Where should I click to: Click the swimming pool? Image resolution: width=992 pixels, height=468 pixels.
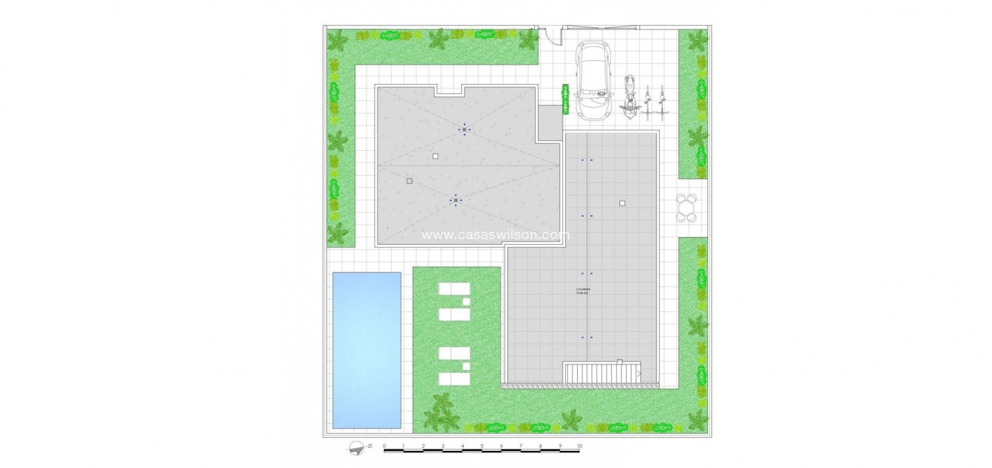[x=366, y=350]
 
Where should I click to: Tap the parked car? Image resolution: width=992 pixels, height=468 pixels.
[x=595, y=80]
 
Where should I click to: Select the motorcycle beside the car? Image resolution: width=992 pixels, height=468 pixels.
[x=630, y=96]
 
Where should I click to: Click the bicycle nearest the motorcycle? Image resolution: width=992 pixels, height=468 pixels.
[x=649, y=100]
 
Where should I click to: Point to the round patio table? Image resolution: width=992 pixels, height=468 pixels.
[x=686, y=208]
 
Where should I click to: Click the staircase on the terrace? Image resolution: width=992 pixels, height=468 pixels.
[x=602, y=372]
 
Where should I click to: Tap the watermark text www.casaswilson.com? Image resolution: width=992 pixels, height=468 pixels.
[x=495, y=235]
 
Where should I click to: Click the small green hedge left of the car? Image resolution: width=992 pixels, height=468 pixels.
[x=566, y=99]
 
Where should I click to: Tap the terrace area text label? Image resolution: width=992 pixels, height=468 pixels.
[x=583, y=291]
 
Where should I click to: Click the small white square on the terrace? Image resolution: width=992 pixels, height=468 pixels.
[x=622, y=203]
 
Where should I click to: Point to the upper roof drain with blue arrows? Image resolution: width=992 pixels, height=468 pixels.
[x=465, y=130]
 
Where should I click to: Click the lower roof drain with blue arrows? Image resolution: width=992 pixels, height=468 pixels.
[x=455, y=200]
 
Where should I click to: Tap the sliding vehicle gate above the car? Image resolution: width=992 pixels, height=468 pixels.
[x=599, y=27]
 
